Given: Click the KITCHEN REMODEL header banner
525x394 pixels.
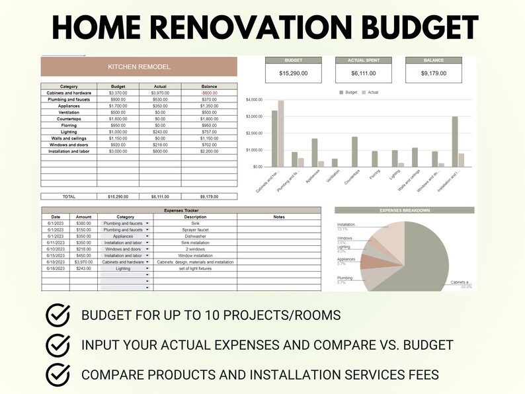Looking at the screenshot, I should click(x=139, y=67).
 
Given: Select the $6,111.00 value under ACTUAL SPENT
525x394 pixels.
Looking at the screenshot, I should click(x=364, y=73).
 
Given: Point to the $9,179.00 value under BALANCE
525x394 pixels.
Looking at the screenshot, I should click(x=433, y=73).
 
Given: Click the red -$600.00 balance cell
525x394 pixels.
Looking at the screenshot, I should click(x=209, y=93).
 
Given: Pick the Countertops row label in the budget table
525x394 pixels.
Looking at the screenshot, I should click(x=69, y=118).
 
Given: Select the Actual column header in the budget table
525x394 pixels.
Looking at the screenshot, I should click(x=160, y=86).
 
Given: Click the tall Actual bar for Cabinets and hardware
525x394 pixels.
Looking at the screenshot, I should click(x=281, y=134).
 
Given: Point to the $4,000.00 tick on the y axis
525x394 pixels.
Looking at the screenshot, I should click(x=255, y=100).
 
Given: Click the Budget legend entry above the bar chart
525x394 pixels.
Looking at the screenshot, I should click(x=348, y=93).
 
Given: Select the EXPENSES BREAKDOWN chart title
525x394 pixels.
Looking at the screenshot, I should click(x=404, y=210).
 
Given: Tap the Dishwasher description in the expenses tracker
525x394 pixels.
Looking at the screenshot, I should click(x=195, y=236).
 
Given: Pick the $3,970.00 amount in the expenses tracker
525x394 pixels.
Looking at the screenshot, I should click(x=84, y=262).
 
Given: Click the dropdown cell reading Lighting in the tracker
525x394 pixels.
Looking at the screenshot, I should click(x=124, y=268).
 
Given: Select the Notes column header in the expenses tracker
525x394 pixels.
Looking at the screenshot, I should click(x=279, y=217).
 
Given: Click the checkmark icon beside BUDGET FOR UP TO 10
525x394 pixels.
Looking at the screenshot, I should click(x=58, y=315).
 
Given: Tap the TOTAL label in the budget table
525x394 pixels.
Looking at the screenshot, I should click(x=69, y=196).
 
